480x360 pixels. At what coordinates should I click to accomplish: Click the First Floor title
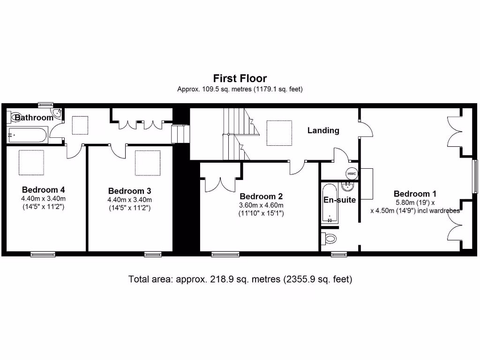tap(240, 78)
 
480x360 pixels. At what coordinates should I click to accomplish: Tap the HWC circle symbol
tap(352, 173)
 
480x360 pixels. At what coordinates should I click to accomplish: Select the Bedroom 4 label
tap(43, 190)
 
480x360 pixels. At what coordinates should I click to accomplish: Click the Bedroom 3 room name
tap(129, 191)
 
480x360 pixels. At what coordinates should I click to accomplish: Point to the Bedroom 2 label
tap(261, 196)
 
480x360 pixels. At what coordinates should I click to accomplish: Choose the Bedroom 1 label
tap(415, 194)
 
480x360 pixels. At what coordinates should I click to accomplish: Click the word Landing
tap(323, 130)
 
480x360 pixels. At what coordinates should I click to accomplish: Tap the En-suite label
tap(339, 200)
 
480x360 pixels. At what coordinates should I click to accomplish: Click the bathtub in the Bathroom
tap(27, 135)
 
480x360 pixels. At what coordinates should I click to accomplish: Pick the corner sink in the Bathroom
tap(57, 113)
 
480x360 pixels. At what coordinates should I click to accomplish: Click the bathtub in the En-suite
tap(330, 203)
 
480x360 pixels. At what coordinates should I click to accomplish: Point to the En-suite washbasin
tap(348, 186)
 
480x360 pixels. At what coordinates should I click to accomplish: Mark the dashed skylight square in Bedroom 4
tap(31, 163)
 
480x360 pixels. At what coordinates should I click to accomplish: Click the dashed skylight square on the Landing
tap(279, 133)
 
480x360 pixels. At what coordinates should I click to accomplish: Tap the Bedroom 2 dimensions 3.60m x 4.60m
tap(261, 205)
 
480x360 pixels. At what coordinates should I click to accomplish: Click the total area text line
tap(240, 279)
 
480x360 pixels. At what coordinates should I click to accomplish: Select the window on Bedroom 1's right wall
tap(475, 176)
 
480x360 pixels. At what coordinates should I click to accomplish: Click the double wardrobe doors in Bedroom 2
tap(220, 185)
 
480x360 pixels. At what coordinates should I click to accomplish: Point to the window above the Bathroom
tap(45, 105)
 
